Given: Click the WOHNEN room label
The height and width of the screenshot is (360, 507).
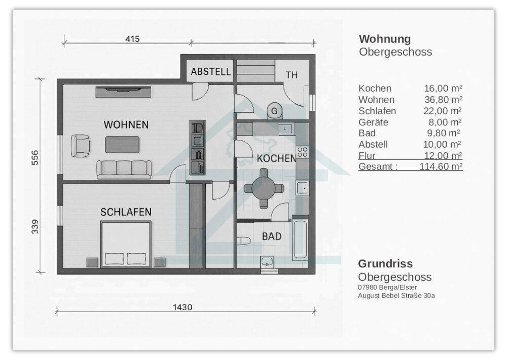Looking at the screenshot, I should [126, 125].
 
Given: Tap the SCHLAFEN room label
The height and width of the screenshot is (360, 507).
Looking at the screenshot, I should [126, 212].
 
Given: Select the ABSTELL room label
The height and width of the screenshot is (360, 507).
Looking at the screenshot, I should [210, 72].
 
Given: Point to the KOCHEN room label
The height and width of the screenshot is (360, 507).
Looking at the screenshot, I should [276, 159].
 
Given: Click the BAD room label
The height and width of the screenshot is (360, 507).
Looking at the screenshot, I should [271, 236].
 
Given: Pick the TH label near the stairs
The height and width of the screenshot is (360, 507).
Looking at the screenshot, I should [292, 75].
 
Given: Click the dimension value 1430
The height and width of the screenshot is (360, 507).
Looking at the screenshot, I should [183, 307].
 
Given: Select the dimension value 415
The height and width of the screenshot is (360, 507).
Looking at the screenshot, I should [132, 39].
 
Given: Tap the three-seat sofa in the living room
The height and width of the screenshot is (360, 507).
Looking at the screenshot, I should [124, 168].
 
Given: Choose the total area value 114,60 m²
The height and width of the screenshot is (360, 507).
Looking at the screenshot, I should [441, 166].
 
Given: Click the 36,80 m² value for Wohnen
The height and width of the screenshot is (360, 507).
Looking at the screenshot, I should [443, 100].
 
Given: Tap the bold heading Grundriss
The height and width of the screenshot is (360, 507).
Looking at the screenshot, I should [385, 264].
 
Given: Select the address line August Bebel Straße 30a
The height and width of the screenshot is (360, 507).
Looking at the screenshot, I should [396, 295].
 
